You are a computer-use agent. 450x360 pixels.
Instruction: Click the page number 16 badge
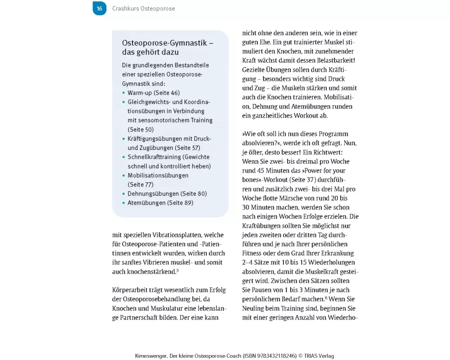point(99,9)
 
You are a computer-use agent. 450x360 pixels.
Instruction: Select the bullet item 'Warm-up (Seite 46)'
point(153,93)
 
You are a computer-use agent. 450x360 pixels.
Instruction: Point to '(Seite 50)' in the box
point(141,130)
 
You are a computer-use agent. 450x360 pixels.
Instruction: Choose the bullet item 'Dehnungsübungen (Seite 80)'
point(167,193)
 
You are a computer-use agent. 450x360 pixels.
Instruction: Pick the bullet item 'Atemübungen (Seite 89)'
point(160,203)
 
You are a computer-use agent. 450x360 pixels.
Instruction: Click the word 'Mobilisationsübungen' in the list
point(158,175)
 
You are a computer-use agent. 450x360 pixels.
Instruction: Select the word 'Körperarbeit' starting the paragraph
point(130,289)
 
